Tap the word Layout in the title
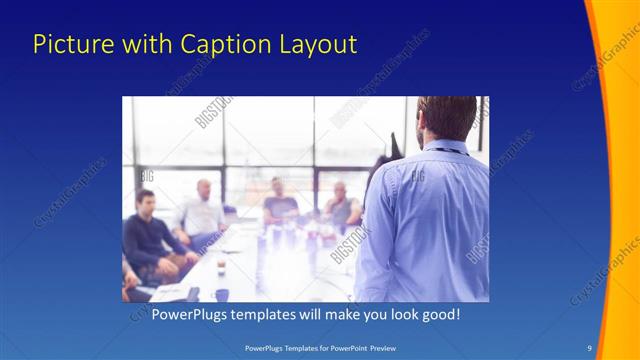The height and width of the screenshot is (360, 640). [x=318, y=45]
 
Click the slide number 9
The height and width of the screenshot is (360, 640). [x=589, y=347]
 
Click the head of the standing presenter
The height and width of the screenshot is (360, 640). [x=447, y=118]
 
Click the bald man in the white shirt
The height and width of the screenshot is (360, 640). [x=202, y=212]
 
